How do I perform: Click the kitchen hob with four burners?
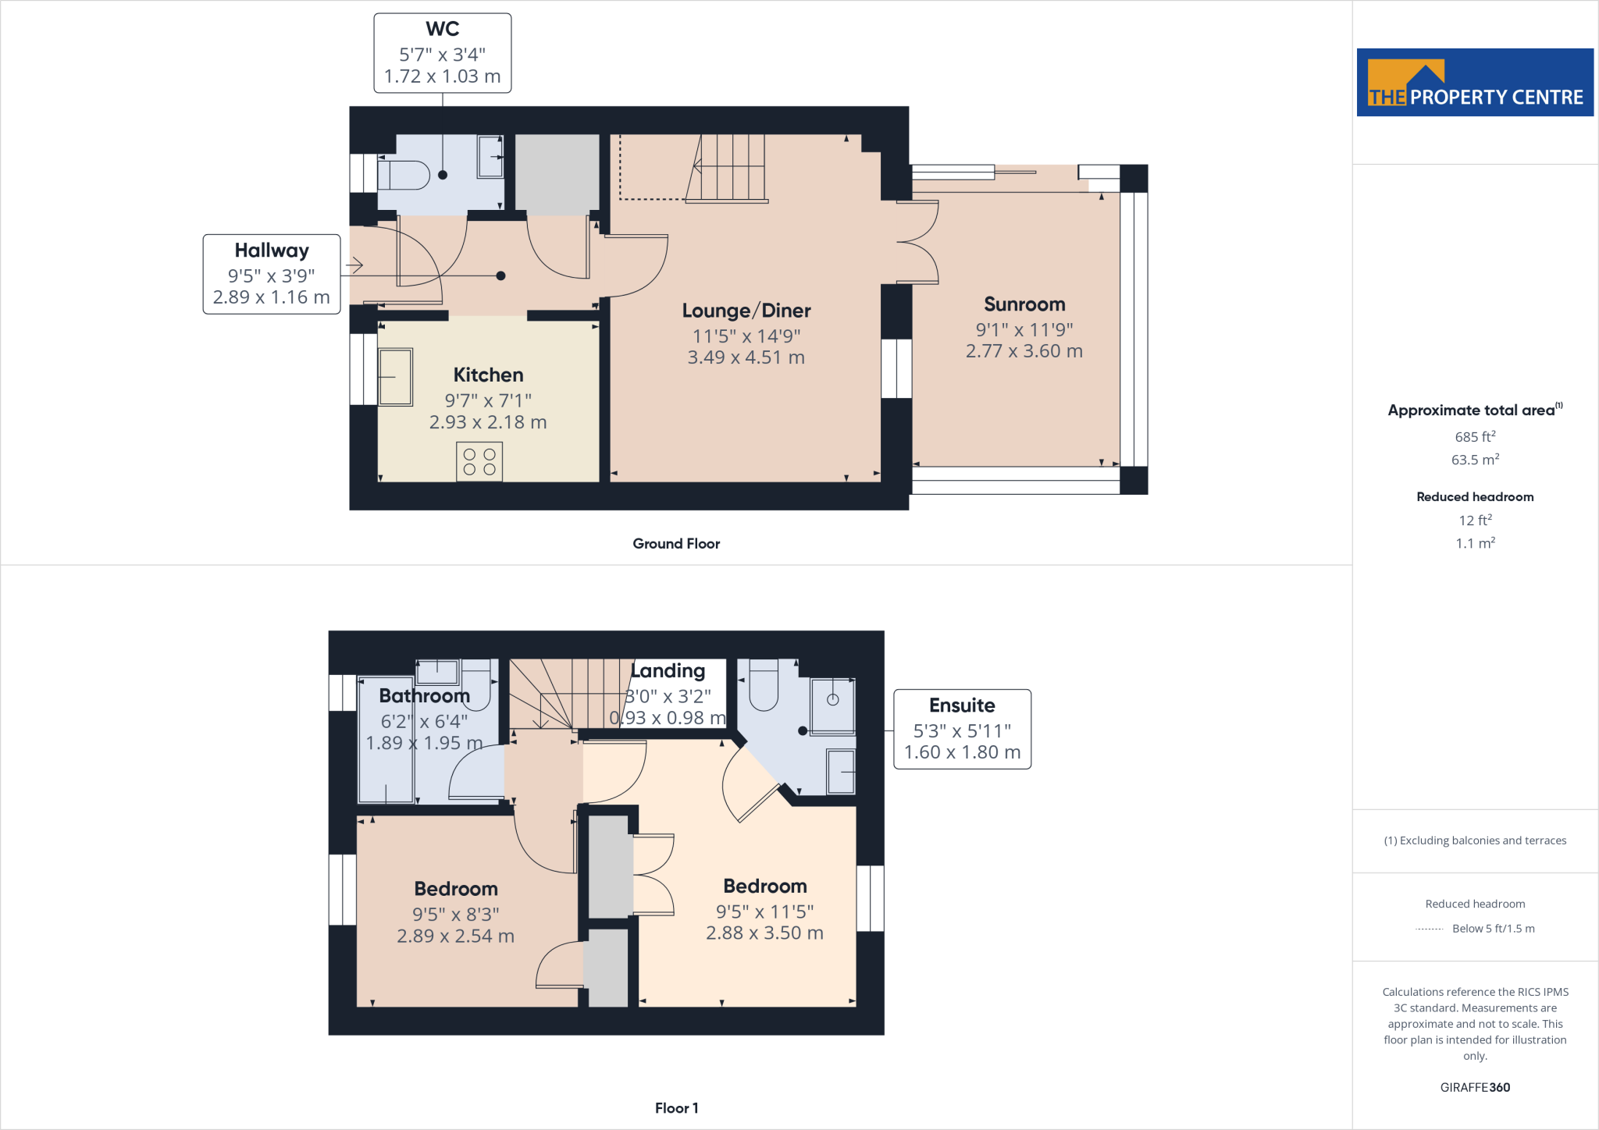(x=479, y=461)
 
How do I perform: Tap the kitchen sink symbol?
(x=396, y=378)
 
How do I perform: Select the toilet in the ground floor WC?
(x=404, y=176)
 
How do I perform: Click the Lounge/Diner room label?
(x=746, y=311)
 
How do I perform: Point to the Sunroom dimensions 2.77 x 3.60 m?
(x=1024, y=351)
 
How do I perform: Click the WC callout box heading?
(x=442, y=30)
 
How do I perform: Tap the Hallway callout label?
(x=272, y=251)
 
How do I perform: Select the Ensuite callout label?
(x=962, y=705)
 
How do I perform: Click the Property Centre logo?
(x=1474, y=83)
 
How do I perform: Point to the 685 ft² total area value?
(x=1474, y=437)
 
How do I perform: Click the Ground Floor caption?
(x=676, y=544)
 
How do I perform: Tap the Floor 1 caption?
(x=676, y=1108)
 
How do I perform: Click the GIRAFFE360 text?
(x=1474, y=1087)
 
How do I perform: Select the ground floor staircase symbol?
(x=728, y=168)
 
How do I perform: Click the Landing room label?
(x=668, y=671)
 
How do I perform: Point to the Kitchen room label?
(x=488, y=375)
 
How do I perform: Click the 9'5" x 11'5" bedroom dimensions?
(x=764, y=911)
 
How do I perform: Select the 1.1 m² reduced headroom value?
(x=1474, y=543)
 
